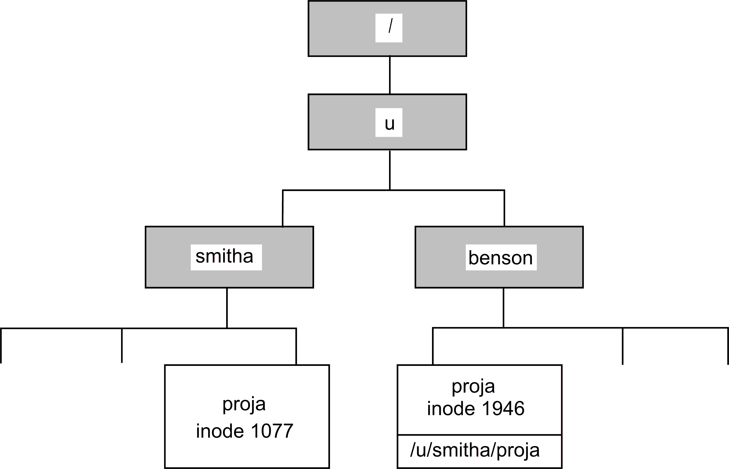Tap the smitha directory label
pyautogui.click(x=225, y=257)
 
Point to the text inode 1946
pyautogui.click(x=475, y=408)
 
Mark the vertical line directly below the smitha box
pyautogui.click(x=227, y=308)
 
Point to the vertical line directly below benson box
pyautogui.click(x=503, y=308)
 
